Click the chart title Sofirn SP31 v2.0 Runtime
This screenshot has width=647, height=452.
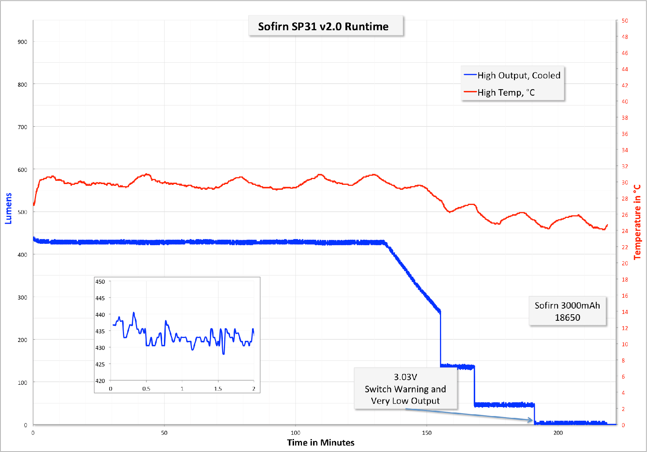[323, 27]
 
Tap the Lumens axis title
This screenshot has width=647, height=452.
[8, 208]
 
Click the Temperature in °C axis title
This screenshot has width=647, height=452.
[637, 222]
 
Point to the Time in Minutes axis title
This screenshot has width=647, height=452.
[321, 443]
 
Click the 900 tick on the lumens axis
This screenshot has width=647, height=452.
[22, 42]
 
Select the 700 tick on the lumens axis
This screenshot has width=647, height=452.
[22, 127]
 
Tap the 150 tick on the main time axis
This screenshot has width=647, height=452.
[427, 433]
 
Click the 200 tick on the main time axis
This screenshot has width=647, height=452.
[558, 433]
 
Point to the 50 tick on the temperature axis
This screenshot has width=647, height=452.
[625, 21]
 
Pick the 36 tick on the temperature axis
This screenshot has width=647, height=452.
[625, 134]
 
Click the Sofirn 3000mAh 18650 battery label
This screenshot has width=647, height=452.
[567, 311]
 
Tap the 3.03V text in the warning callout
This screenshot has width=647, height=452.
[405, 377]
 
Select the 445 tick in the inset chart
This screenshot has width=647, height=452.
[100, 298]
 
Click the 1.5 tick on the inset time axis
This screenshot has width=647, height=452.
[218, 389]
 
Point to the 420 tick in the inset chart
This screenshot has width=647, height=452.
[100, 381]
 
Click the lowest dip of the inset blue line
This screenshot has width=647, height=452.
[224, 354]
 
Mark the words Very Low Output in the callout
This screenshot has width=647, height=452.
[405, 401]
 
